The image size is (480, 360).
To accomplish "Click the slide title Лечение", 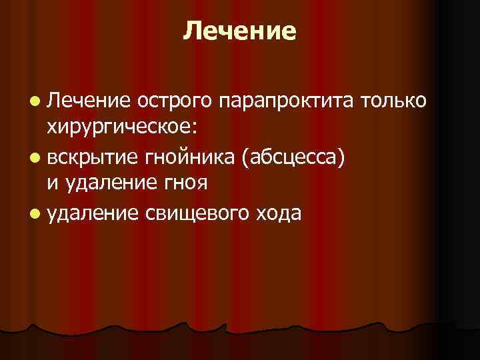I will click(239, 31).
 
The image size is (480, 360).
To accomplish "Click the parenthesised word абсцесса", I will click(294, 157).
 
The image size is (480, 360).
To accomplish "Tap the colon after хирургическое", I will click(209, 127).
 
